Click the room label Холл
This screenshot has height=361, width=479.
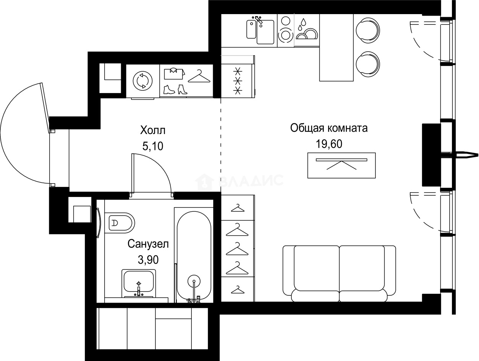click(153, 131)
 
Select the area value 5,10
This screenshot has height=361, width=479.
click(153, 147)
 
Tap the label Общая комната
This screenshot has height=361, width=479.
click(329, 128)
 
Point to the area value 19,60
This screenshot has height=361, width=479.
click(329, 144)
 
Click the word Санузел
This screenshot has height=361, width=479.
click(148, 244)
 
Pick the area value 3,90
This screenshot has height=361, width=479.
click(148, 260)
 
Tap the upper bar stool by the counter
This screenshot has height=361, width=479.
click(367, 29)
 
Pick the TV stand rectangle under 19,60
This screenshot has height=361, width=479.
click(341, 165)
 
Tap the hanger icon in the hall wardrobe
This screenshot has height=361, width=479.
click(199, 76)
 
